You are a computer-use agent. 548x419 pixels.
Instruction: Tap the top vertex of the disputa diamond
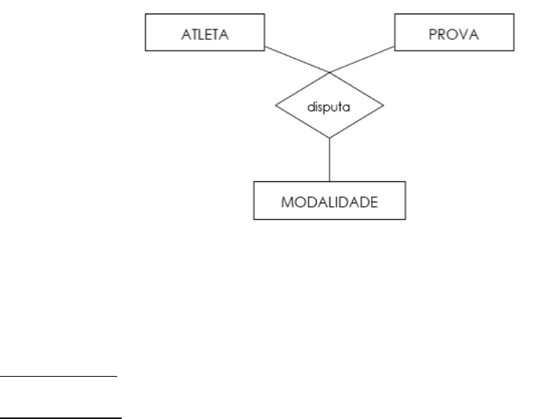[330, 72]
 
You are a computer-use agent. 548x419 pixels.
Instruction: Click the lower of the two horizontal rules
[60, 416]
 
